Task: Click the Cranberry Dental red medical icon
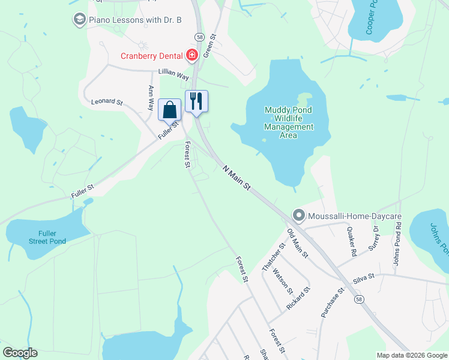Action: pyautogui.click(x=192, y=56)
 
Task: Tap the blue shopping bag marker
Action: pyautogui.click(x=170, y=110)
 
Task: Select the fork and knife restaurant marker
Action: pyautogui.click(x=196, y=101)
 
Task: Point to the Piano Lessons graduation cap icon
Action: pyautogui.click(x=79, y=20)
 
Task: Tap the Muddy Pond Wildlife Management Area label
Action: pyautogui.click(x=289, y=122)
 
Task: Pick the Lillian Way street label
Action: pyautogui.click(x=173, y=74)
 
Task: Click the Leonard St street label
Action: pyautogui.click(x=106, y=102)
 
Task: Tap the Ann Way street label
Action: pyautogui.click(x=150, y=98)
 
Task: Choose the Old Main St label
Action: pyautogui.click(x=297, y=244)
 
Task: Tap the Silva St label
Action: pyautogui.click(x=363, y=277)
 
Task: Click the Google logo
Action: pyautogui.click(x=19, y=353)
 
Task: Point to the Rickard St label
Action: pyautogui.click(x=298, y=298)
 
